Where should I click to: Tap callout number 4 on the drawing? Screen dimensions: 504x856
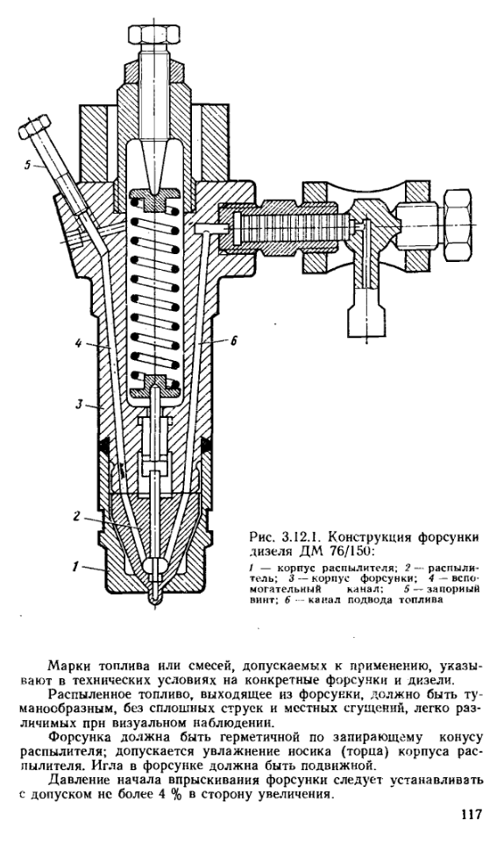78,344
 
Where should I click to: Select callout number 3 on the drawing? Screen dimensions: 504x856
78,405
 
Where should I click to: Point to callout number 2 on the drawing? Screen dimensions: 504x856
77,516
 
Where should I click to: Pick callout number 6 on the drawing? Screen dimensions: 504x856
233,341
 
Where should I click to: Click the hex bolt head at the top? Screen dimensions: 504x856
154,33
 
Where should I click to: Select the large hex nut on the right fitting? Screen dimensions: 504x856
461,223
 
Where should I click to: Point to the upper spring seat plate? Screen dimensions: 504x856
155,198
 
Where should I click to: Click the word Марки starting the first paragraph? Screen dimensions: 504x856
67,667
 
